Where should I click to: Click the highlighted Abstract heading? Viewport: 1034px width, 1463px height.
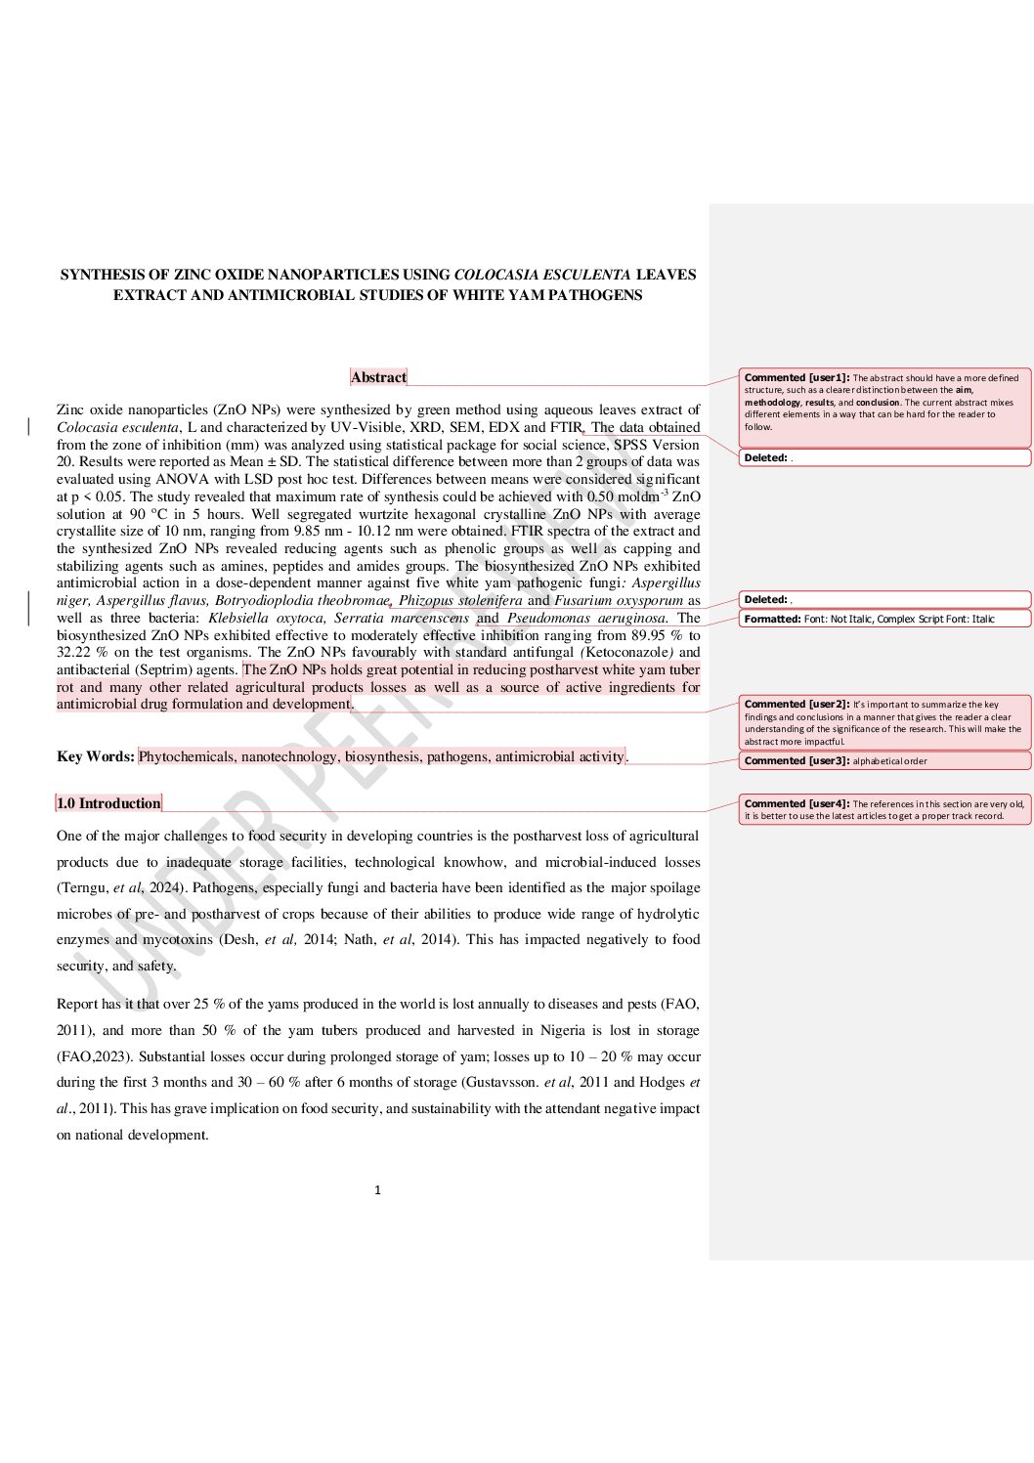click(378, 377)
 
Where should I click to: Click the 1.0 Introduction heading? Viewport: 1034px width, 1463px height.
click(108, 803)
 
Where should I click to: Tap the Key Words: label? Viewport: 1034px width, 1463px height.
click(96, 756)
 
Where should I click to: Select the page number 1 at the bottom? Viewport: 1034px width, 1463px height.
click(378, 1190)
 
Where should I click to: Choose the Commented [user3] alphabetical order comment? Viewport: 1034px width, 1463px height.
click(836, 761)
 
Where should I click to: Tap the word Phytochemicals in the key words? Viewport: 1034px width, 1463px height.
click(186, 756)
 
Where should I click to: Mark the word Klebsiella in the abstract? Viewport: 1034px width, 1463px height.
click(237, 618)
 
